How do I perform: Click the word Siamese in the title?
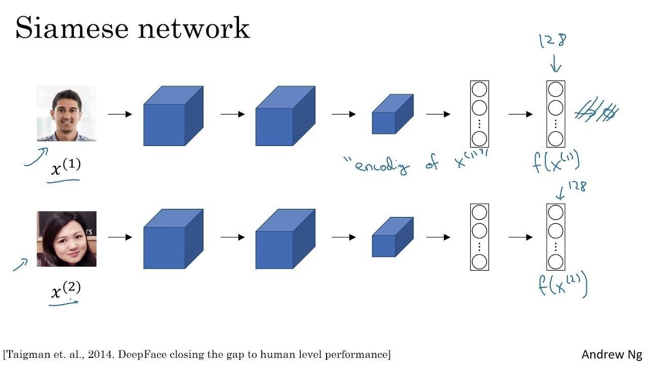(x=71, y=28)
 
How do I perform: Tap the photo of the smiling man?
(x=66, y=114)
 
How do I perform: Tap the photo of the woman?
(x=66, y=239)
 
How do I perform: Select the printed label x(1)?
(x=66, y=167)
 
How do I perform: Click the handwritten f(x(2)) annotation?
(x=562, y=285)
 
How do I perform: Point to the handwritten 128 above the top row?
(x=553, y=41)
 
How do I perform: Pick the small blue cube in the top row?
(x=392, y=114)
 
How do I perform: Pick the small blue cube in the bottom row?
(x=392, y=237)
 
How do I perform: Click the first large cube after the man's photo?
(x=173, y=116)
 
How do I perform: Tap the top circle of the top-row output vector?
(x=555, y=90)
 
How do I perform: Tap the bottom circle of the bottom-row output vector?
(x=555, y=262)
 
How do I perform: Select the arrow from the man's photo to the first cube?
(x=119, y=115)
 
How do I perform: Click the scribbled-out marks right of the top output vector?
(x=597, y=111)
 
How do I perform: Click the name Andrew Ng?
(x=612, y=354)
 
